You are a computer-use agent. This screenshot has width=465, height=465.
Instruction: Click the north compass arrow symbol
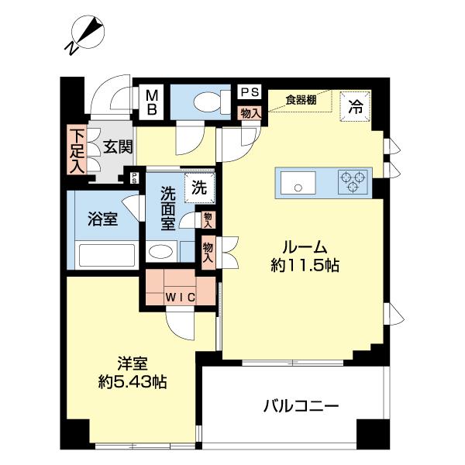[87, 33]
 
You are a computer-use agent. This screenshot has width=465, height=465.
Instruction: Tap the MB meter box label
[152, 102]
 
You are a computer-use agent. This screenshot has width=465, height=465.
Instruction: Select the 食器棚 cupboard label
[301, 98]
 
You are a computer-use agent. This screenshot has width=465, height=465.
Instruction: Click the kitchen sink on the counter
[295, 184]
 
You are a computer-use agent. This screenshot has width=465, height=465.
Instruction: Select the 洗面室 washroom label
[168, 209]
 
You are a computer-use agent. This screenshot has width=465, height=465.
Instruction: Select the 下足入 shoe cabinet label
[76, 149]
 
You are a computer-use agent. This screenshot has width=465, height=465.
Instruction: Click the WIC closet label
[179, 296]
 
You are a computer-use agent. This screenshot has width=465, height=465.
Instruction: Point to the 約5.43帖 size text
[133, 381]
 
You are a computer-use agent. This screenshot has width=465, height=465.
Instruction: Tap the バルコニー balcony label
[301, 405]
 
